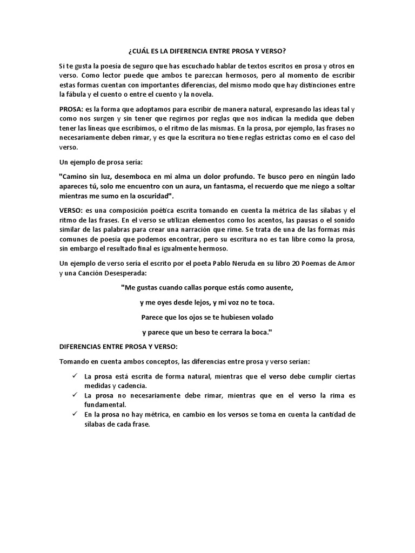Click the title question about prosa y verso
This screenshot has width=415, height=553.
207,51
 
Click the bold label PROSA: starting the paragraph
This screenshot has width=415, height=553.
72,109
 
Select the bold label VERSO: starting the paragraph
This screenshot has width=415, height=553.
72,210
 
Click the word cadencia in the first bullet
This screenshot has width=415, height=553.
133,386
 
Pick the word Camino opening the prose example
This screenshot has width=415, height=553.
73,177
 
